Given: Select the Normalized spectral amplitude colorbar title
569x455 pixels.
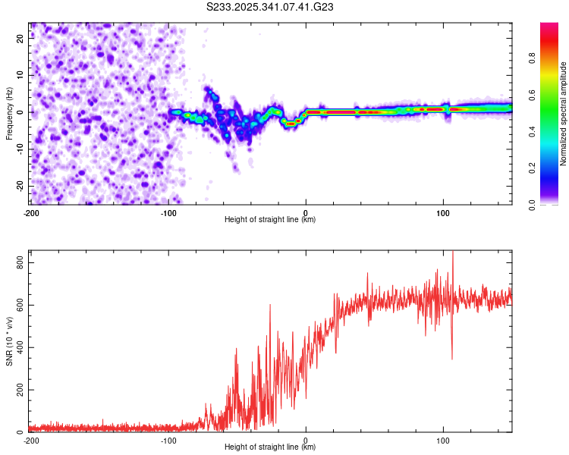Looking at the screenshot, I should pyautogui.click(x=564, y=114).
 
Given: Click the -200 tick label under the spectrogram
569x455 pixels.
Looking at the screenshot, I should pyautogui.click(x=31, y=212).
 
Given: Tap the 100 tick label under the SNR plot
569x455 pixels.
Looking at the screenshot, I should pyautogui.click(x=443, y=440).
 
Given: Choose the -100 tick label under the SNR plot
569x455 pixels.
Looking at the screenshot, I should pyautogui.click(x=168, y=440).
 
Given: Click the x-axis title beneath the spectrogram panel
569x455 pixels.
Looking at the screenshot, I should pyautogui.click(x=271, y=219).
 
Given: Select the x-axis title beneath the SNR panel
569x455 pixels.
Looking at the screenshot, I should pyautogui.click(x=271, y=447).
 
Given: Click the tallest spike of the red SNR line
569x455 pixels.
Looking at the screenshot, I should pyautogui.click(x=453, y=253).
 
